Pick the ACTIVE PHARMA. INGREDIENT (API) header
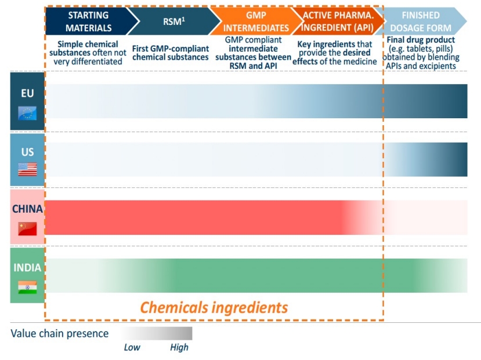pos(336,21)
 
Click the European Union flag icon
pos(27,113)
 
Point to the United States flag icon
pos(27,169)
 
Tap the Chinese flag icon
pos(27,228)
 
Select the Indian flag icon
pos(27,287)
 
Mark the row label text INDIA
pos(27,267)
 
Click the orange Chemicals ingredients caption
pos(214,307)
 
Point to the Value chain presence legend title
pos(60,333)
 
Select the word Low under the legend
pos(132,348)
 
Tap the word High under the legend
pos(179,348)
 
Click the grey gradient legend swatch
pos(157,333)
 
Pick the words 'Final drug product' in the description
pos(422,40)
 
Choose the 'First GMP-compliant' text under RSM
pos(171,49)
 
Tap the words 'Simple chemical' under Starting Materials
pos(88,44)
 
